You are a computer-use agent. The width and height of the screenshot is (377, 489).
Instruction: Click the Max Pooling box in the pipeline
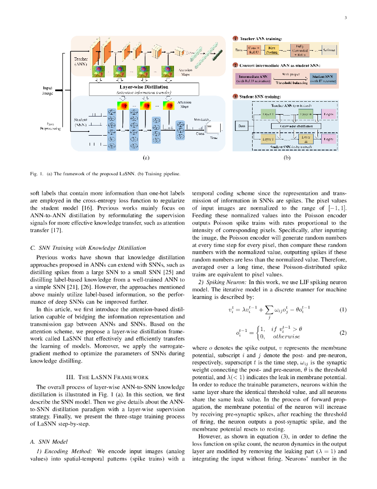[x=272, y=50]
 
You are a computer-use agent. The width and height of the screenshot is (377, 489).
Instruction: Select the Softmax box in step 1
[x=328, y=50]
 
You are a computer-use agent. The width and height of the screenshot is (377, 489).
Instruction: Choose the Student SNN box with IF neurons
[x=324, y=79]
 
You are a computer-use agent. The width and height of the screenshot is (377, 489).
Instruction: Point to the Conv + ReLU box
[x=254, y=50]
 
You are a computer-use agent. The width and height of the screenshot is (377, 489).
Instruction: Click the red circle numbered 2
[x=235, y=65]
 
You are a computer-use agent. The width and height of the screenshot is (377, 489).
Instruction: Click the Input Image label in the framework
[x=47, y=91]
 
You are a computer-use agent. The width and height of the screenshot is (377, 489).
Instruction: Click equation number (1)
[x=343, y=309]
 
